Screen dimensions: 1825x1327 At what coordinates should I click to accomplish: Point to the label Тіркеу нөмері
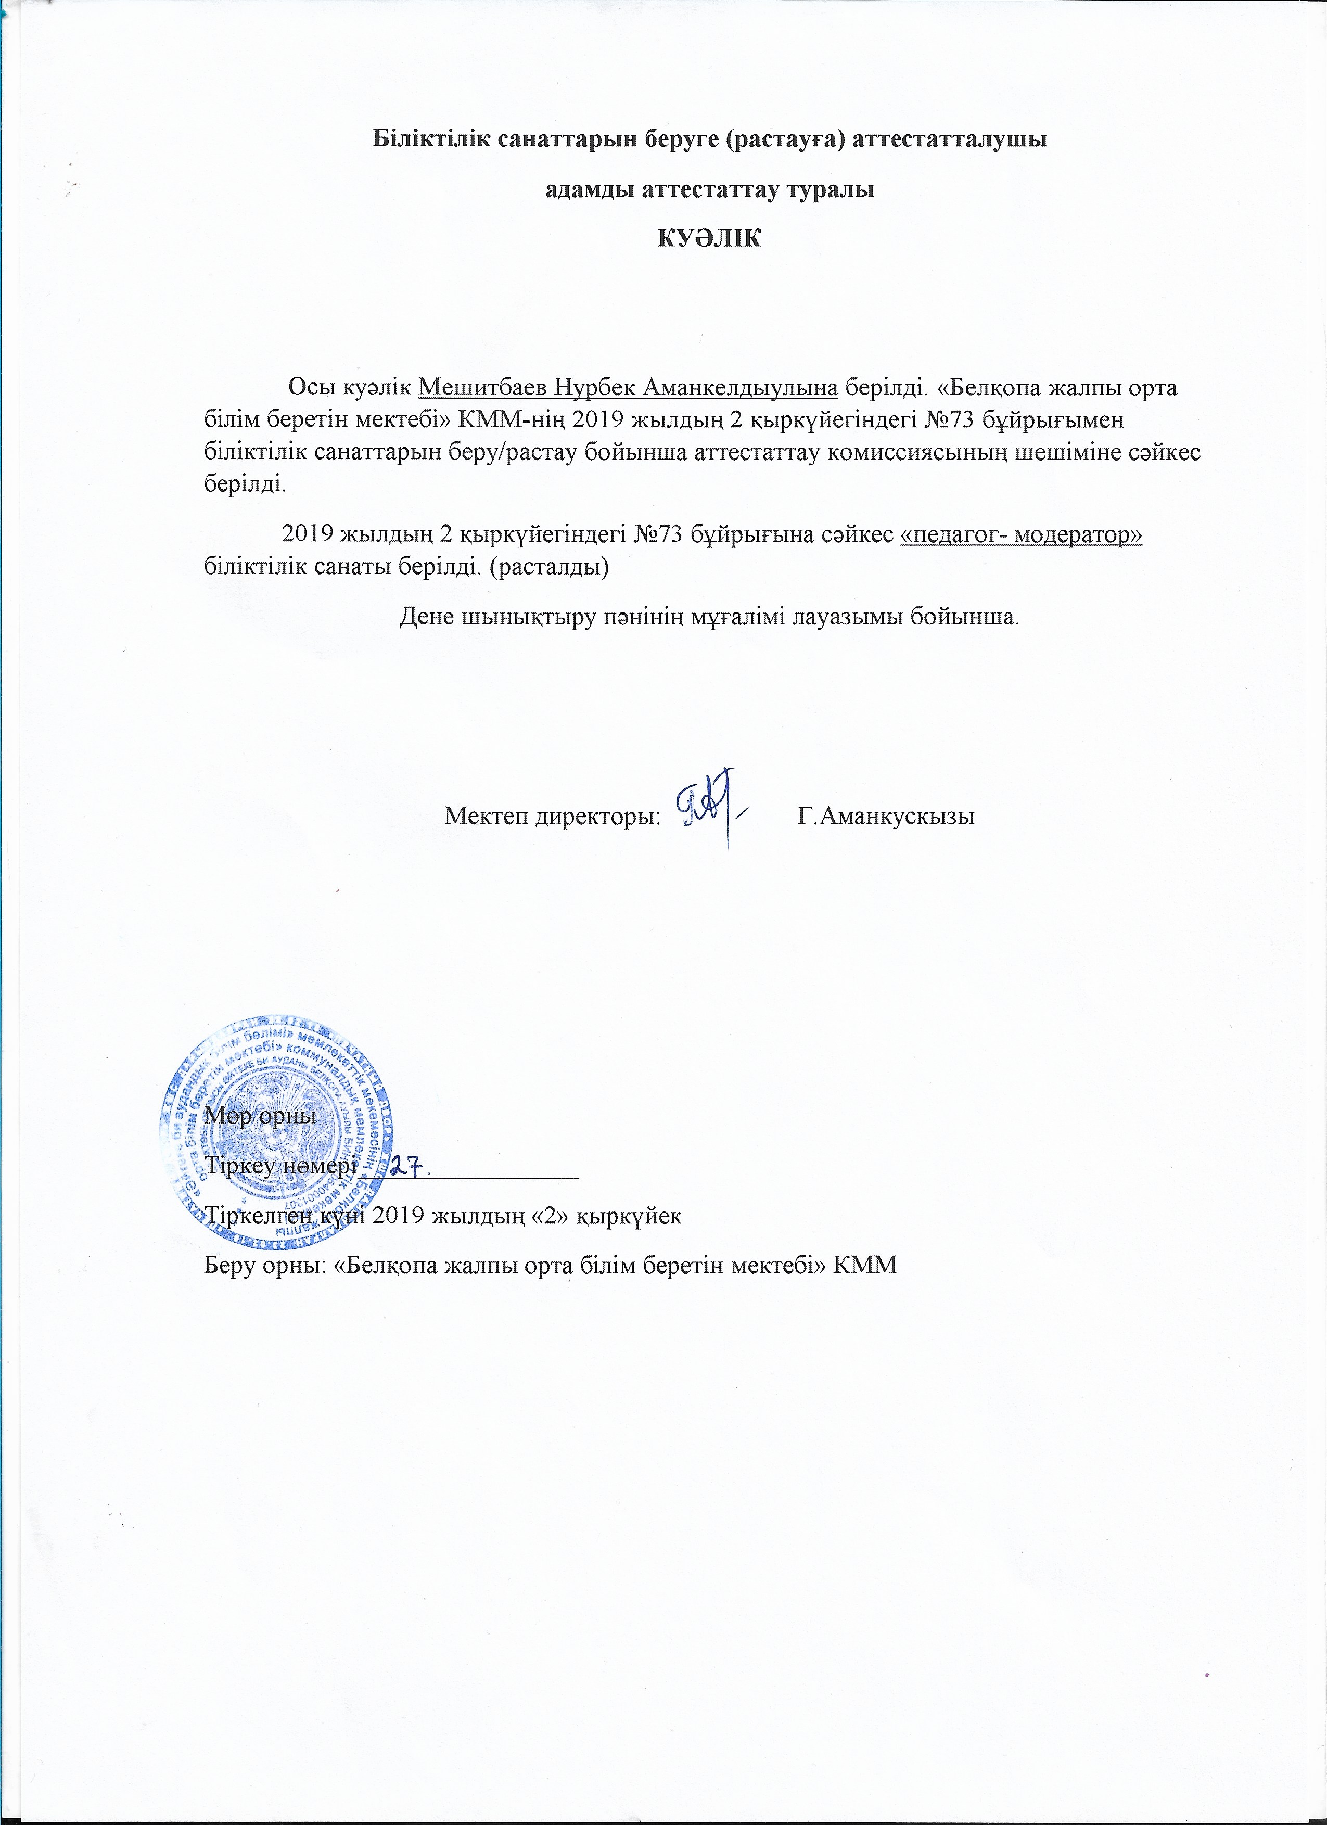(x=280, y=1166)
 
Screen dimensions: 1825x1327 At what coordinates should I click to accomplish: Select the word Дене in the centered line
(x=427, y=618)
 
